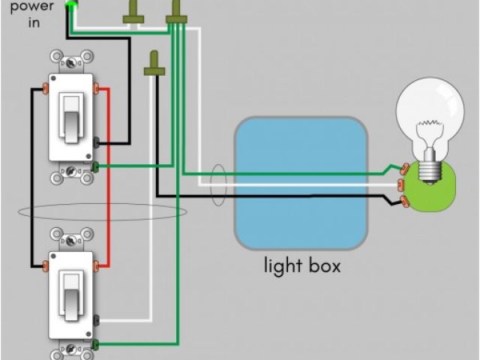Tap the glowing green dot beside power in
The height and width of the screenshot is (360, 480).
pos(71,7)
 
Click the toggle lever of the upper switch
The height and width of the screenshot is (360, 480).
pos(71,117)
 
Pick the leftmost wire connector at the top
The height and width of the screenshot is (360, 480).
pos(135,10)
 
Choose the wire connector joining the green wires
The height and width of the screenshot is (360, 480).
pos(177,10)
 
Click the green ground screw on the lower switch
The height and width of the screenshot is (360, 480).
pos(97,343)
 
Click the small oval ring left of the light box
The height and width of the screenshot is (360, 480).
pos(218,186)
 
